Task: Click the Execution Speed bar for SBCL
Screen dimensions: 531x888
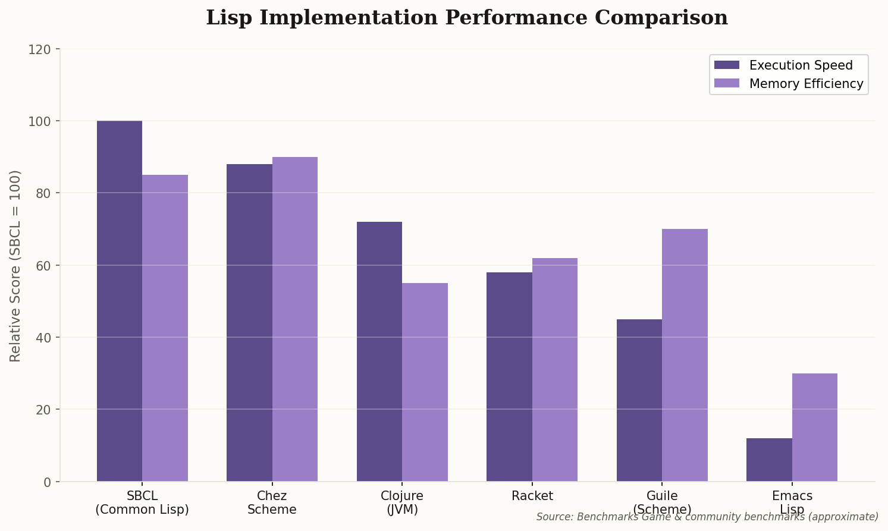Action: (120, 301)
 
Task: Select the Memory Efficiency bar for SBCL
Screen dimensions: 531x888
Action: (165, 328)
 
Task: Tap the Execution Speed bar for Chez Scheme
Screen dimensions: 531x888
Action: (249, 322)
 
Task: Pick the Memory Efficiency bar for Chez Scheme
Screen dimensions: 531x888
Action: (295, 319)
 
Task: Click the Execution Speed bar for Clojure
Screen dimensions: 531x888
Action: (379, 351)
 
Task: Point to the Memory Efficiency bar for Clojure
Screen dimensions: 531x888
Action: (425, 382)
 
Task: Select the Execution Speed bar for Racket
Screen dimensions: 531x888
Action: (509, 376)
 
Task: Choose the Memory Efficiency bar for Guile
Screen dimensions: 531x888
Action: (685, 355)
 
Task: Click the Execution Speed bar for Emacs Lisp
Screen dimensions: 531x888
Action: (769, 460)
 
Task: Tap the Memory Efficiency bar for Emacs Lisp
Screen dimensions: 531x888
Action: (815, 427)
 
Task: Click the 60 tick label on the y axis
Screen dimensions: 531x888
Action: (40, 265)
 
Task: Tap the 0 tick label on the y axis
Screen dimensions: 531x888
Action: (48, 482)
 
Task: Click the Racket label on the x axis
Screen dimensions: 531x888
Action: (532, 496)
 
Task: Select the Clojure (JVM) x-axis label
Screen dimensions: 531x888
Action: (402, 502)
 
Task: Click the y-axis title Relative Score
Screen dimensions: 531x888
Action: (15, 265)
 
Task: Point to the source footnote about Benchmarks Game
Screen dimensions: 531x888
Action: (707, 517)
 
